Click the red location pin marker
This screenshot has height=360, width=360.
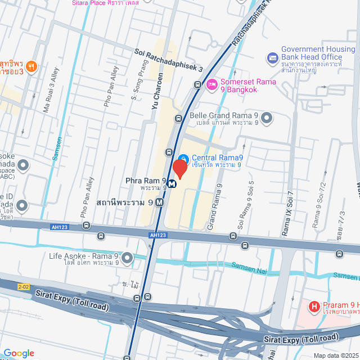[x=180, y=168]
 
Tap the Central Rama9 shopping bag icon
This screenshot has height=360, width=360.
[x=183, y=158]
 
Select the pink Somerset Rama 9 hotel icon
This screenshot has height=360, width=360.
[x=212, y=84]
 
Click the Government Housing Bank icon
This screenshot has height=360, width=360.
[x=273, y=57]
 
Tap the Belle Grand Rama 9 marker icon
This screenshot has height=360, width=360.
[x=267, y=119]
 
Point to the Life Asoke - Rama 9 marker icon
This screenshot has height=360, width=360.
[x=127, y=258]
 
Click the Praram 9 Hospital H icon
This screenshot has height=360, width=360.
[x=314, y=308]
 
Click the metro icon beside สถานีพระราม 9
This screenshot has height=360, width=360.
[x=160, y=202]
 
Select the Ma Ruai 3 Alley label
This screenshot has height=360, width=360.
[x=50, y=90]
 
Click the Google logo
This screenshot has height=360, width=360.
[x=18, y=353]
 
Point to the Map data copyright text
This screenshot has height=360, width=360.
[x=335, y=355]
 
